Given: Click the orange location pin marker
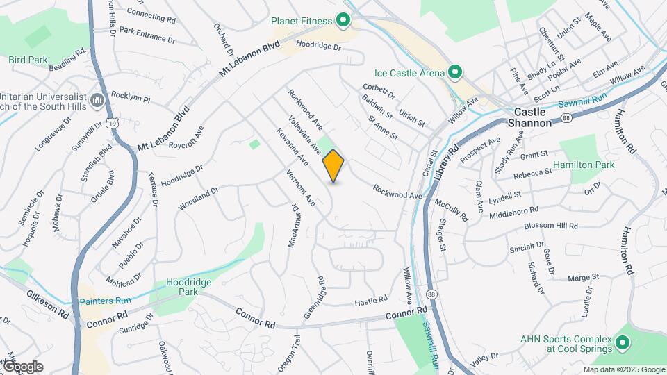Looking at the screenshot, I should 333,165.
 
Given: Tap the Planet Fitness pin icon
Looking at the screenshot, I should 342,21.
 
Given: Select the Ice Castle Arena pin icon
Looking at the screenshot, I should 455,72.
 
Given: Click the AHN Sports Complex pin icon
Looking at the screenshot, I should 622,342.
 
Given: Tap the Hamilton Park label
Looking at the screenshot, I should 584,165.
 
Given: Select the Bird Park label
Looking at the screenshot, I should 28,60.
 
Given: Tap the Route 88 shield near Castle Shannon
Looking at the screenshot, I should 567,119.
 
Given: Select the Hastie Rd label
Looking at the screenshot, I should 370,301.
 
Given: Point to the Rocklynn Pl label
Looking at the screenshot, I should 130,97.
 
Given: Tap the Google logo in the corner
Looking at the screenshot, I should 23,366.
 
